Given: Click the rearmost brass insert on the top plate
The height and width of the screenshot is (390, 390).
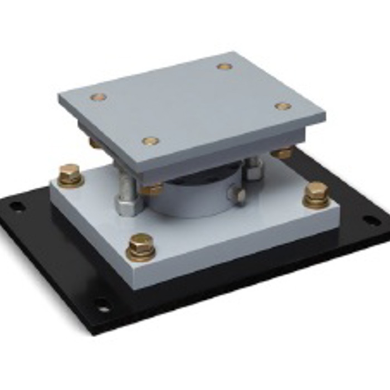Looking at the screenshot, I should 225,66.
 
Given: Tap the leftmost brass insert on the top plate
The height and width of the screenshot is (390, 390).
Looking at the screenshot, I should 98,97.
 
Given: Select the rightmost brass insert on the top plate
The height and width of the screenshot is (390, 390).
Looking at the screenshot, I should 283,106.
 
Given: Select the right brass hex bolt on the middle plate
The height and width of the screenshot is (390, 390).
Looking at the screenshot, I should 316,194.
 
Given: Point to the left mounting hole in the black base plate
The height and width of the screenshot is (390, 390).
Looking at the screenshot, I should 17,207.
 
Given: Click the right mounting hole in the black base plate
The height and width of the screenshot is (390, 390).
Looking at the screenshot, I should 372,220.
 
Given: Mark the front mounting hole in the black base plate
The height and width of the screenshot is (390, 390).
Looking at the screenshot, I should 103,306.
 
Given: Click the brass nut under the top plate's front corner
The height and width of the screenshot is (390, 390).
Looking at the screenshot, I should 152,189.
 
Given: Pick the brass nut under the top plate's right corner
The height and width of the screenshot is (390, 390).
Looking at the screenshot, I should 282,152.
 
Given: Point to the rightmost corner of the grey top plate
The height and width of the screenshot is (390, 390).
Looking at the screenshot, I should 325,116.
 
